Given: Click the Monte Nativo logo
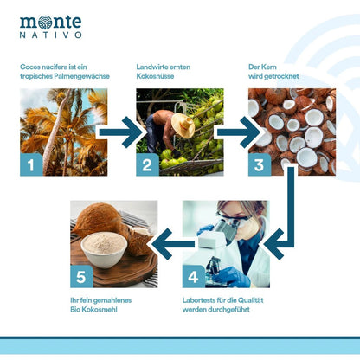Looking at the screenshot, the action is pos(50,27).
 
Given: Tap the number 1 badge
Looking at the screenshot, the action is pos(31,164).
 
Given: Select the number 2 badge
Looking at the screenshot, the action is pos(147,164).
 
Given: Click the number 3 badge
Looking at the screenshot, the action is pos(260,164).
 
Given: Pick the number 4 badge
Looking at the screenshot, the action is pos(194,277).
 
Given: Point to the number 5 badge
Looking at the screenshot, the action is pos(81,277).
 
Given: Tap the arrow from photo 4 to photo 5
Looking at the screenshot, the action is pos(173,244).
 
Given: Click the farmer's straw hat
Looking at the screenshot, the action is pos(183,125).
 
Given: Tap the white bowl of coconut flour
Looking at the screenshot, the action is pos(104,249).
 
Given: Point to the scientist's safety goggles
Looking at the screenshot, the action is pos(233,217).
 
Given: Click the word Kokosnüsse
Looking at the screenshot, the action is pos(155,76).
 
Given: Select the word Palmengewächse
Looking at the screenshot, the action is pos(82,76).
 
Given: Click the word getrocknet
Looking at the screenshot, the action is pos(280,76).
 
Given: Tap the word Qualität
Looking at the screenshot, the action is pos(251,300).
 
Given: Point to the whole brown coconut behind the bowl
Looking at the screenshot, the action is pos(98,218).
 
